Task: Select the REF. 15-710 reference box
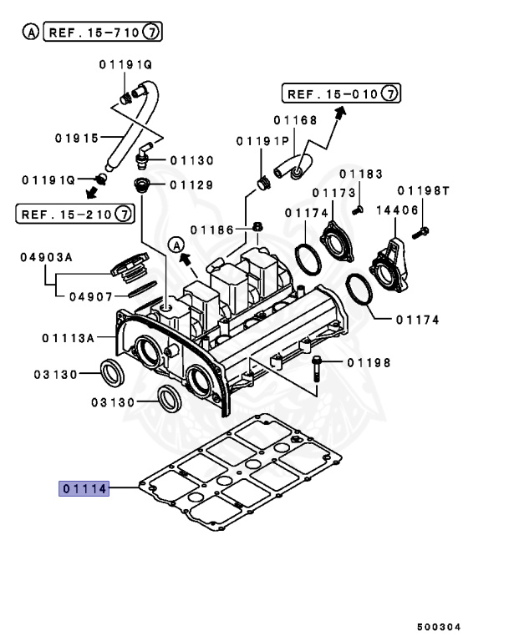[101, 33]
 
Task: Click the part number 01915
[77, 137]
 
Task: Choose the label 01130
[192, 159]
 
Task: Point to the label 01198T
[424, 191]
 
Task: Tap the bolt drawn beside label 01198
[319, 371]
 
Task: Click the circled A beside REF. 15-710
[29, 33]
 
